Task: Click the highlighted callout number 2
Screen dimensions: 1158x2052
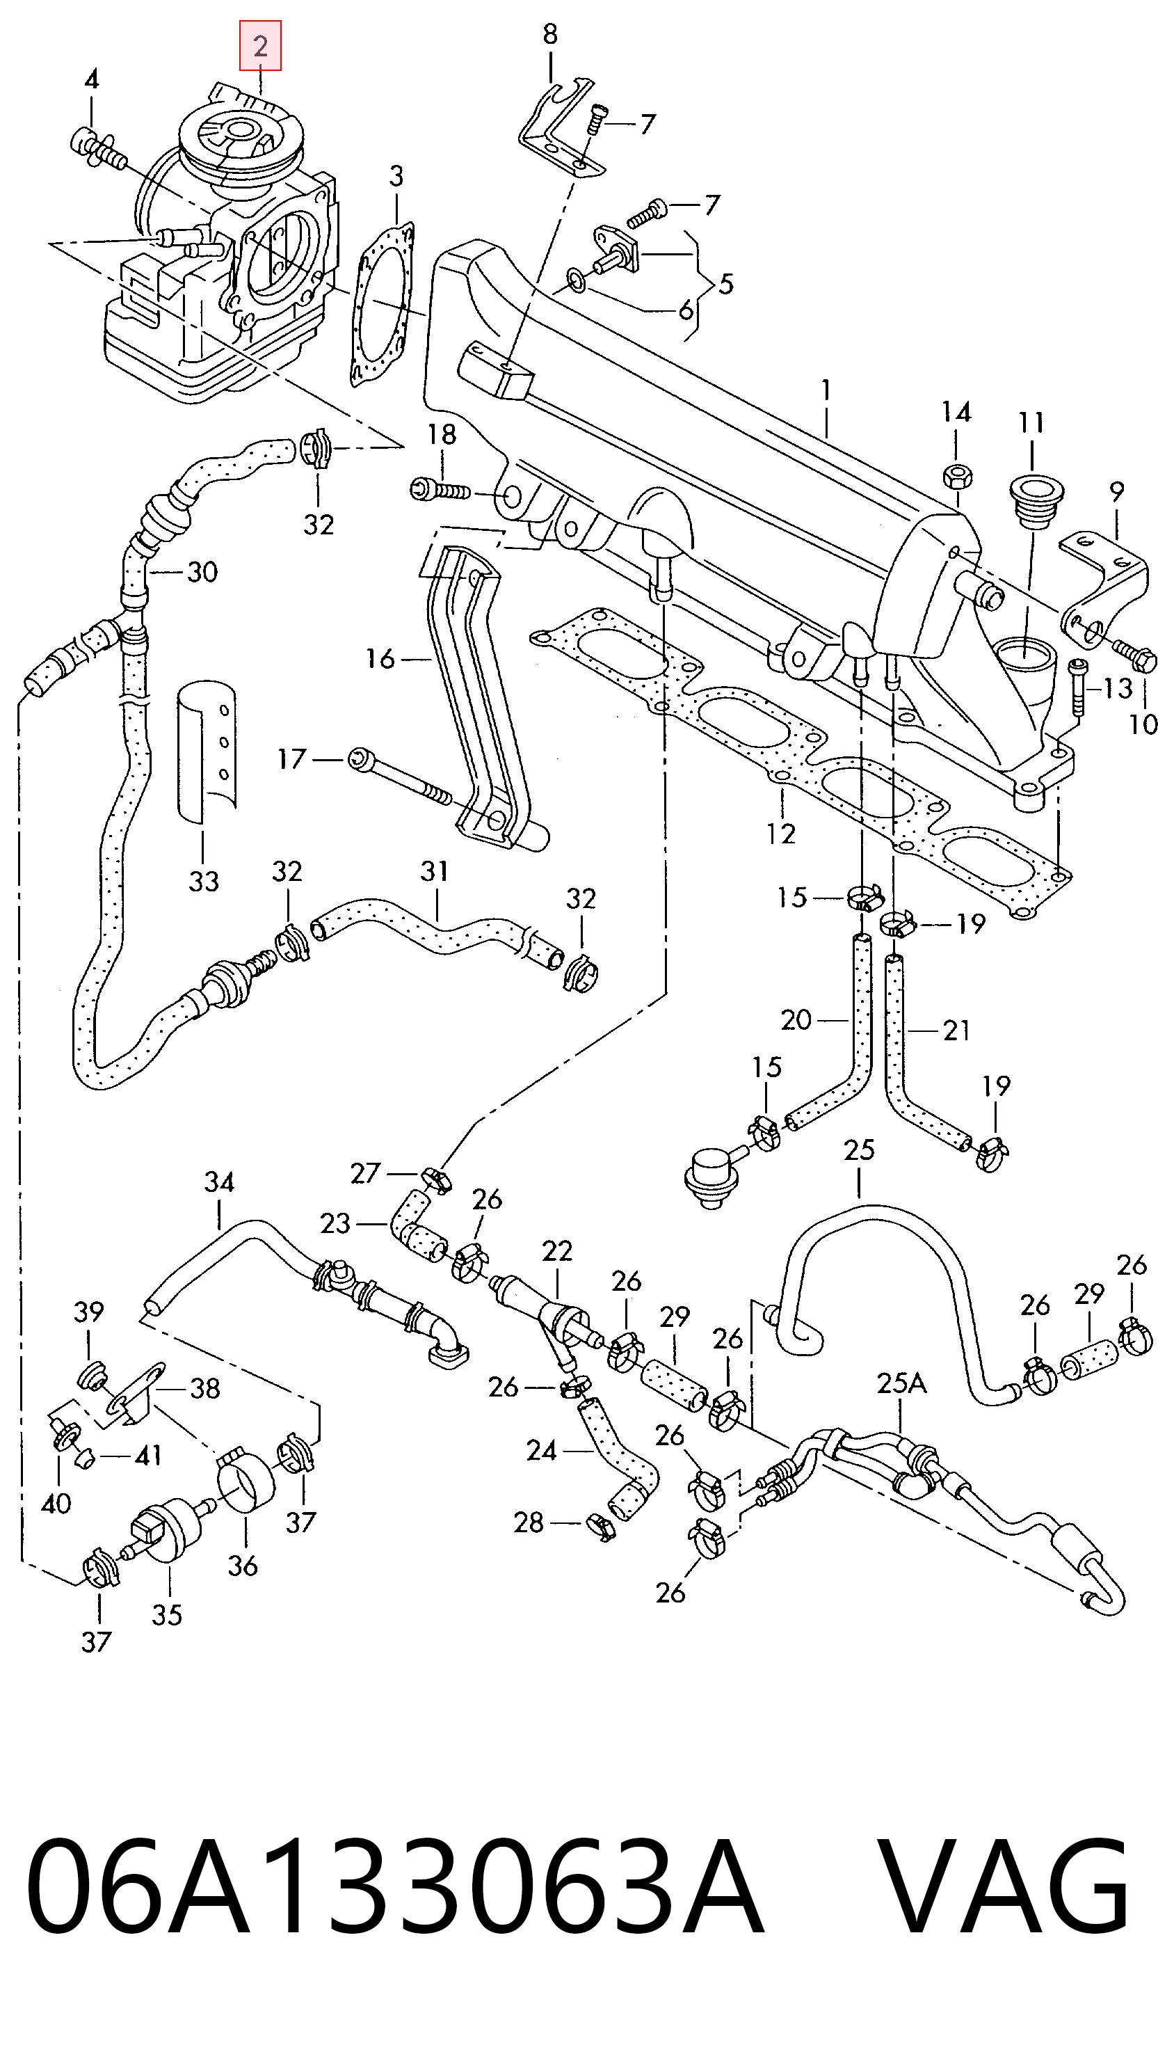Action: click(260, 46)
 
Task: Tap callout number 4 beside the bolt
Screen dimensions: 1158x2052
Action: click(92, 79)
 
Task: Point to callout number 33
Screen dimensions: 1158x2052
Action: click(204, 881)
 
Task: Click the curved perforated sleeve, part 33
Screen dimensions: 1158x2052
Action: click(207, 749)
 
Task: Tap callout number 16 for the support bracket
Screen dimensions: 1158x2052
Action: click(380, 659)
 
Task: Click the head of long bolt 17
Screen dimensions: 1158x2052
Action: click(359, 758)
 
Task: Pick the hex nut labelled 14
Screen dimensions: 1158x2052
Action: click(956, 477)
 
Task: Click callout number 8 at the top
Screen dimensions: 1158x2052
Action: click(550, 34)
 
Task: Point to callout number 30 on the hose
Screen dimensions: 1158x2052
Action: click(202, 572)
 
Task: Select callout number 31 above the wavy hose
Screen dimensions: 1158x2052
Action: click(435, 870)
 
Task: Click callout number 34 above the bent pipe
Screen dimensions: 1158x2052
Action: click(220, 1182)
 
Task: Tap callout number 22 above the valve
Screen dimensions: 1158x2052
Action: click(556, 1251)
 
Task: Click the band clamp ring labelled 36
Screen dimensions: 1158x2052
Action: click(246, 1481)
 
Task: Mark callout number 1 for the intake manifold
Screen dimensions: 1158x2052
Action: click(827, 390)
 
